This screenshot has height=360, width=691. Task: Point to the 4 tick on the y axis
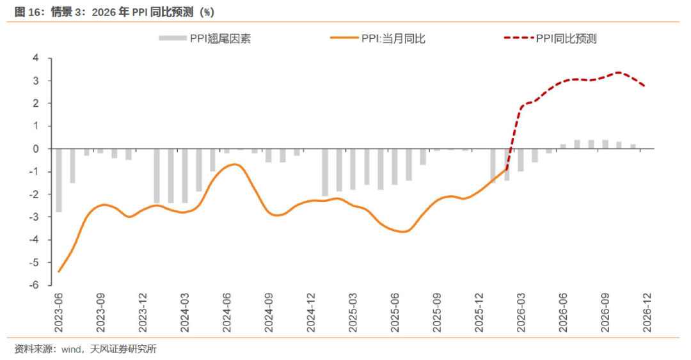point(36,58)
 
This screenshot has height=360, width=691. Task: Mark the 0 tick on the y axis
point(36,149)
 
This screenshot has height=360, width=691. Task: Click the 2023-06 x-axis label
point(59,313)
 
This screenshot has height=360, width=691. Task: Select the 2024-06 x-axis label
point(226,313)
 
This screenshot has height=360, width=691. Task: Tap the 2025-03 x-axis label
point(353,313)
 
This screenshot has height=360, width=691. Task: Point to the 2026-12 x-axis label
point(647,313)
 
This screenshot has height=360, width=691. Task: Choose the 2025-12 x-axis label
point(479,313)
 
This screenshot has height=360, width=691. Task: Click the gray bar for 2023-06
point(59,180)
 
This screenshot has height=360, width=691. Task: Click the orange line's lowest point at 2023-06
point(59,272)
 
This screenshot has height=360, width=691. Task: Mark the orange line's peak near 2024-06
point(235,164)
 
